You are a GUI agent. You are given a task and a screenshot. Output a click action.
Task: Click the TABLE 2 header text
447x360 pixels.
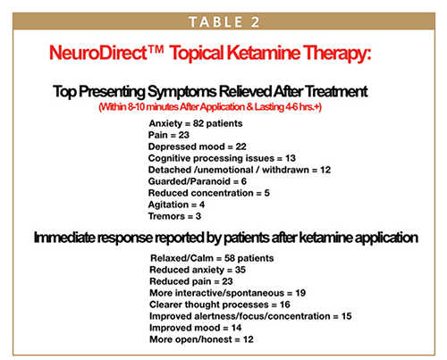pos(224,22)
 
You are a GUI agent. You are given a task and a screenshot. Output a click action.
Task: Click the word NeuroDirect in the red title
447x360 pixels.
pos(98,53)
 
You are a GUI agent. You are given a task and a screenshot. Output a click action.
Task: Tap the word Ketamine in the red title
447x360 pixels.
pos(264,53)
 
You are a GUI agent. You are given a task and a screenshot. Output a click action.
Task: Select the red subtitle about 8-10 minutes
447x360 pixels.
pos(210,107)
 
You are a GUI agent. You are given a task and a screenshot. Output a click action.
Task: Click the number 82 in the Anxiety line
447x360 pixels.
pos(198,123)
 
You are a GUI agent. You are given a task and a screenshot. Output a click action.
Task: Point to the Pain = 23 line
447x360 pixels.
pos(169,135)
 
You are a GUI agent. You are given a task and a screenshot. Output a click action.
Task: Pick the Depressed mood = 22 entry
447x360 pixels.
pos(198,147)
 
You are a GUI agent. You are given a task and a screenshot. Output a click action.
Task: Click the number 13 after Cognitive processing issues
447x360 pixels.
pos(291,158)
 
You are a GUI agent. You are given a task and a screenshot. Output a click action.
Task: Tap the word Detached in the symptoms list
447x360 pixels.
pos(170,170)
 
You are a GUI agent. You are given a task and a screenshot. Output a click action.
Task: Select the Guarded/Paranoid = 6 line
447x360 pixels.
pos(198,181)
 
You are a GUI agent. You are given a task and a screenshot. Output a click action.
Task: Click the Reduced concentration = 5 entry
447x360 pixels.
pos(209,193)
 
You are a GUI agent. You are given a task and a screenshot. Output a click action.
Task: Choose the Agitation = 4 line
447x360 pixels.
pos(176,205)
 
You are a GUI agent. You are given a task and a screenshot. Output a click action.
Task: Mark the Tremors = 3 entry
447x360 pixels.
pos(174,216)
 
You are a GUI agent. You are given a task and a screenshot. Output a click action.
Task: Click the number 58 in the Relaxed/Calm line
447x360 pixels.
pos(230,258)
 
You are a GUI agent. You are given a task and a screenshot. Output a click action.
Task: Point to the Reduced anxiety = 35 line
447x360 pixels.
pos(198,270)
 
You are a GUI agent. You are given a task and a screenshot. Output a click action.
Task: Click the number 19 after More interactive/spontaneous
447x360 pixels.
pos(300,293)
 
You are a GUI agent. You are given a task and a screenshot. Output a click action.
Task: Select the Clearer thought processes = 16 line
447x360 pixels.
pos(220,305)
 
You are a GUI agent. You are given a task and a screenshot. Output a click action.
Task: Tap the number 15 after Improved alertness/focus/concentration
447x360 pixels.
pos(347,316)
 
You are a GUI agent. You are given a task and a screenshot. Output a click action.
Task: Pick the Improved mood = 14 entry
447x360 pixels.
pos(196,328)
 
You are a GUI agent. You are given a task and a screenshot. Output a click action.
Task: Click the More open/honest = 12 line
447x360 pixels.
pos(201,339)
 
